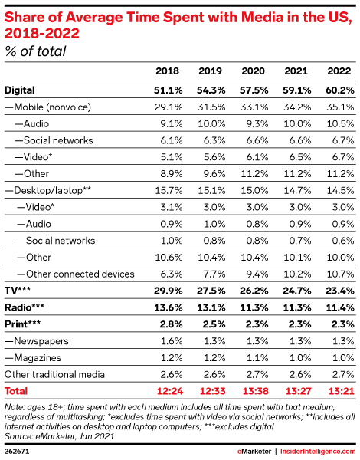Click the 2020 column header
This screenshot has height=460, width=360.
tap(253, 71)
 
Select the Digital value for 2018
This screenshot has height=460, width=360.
tap(168, 90)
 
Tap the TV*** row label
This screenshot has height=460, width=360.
tap(18, 291)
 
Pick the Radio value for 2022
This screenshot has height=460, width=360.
tap(340, 307)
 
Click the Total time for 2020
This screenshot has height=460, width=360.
tap(256, 391)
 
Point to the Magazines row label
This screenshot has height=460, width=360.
tap(33, 357)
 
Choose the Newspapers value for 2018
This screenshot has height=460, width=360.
tap(172, 341)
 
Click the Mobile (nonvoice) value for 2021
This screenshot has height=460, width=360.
tap(297, 107)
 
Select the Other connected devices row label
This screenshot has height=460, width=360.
tap(76, 274)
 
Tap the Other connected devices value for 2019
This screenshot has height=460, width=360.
tap(214, 274)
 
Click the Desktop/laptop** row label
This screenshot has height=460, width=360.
tap(48, 191)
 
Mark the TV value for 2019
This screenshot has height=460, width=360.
tap(211, 291)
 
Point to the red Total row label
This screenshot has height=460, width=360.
tap(16, 391)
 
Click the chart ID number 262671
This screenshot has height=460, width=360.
tap(17, 452)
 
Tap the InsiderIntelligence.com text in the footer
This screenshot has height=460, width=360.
tap(318, 452)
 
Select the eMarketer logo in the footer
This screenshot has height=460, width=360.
tap(254, 452)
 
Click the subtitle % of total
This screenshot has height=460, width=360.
tap(35, 51)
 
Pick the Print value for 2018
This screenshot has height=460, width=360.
tap(172, 324)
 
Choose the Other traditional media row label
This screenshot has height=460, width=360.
tap(55, 374)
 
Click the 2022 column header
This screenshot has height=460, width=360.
tap(339, 71)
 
